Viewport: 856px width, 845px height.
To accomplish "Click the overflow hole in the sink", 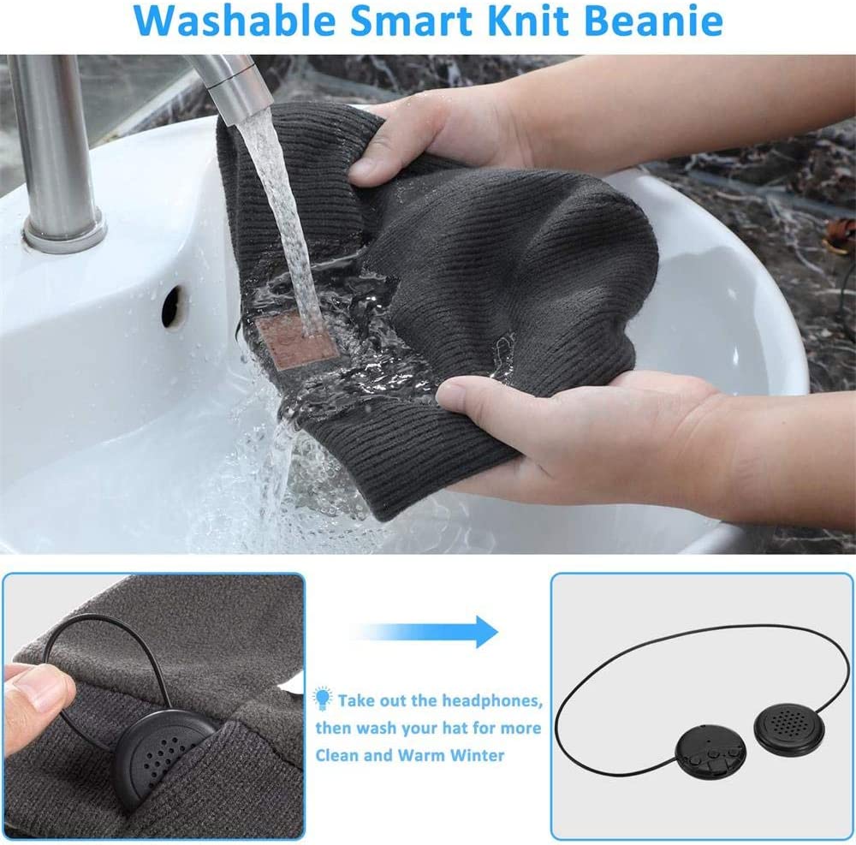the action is tap(171, 307).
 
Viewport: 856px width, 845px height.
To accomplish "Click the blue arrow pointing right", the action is tap(425, 632).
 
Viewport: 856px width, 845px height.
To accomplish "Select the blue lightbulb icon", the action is tap(322, 699).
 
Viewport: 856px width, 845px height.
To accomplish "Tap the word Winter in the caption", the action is tap(478, 755).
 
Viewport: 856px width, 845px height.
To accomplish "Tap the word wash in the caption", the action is tap(378, 729).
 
